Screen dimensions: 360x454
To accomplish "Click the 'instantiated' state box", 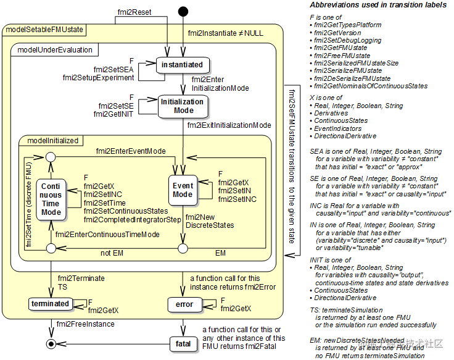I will pos(182,64).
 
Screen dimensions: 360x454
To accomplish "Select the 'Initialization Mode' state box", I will pos(182,106).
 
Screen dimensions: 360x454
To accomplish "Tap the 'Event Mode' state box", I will pos(183,190).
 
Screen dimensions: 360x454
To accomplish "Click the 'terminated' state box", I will pos(51,304).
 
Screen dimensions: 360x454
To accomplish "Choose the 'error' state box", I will pos(184,304).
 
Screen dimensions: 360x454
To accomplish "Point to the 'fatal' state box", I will pos(183,343).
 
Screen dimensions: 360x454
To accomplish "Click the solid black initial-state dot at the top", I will pos(183,11).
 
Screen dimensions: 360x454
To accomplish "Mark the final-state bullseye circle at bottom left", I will pos(51,343).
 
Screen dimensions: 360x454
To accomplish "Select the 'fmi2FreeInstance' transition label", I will pos(85,324).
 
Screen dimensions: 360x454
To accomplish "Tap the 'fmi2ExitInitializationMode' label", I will pos(229,125).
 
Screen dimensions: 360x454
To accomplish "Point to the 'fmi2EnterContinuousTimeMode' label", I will pos(107,234).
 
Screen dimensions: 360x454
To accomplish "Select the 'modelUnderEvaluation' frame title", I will pos(54,49).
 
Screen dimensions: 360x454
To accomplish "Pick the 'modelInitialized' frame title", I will pos(53,140).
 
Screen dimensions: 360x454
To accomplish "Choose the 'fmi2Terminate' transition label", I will pos(81,279).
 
